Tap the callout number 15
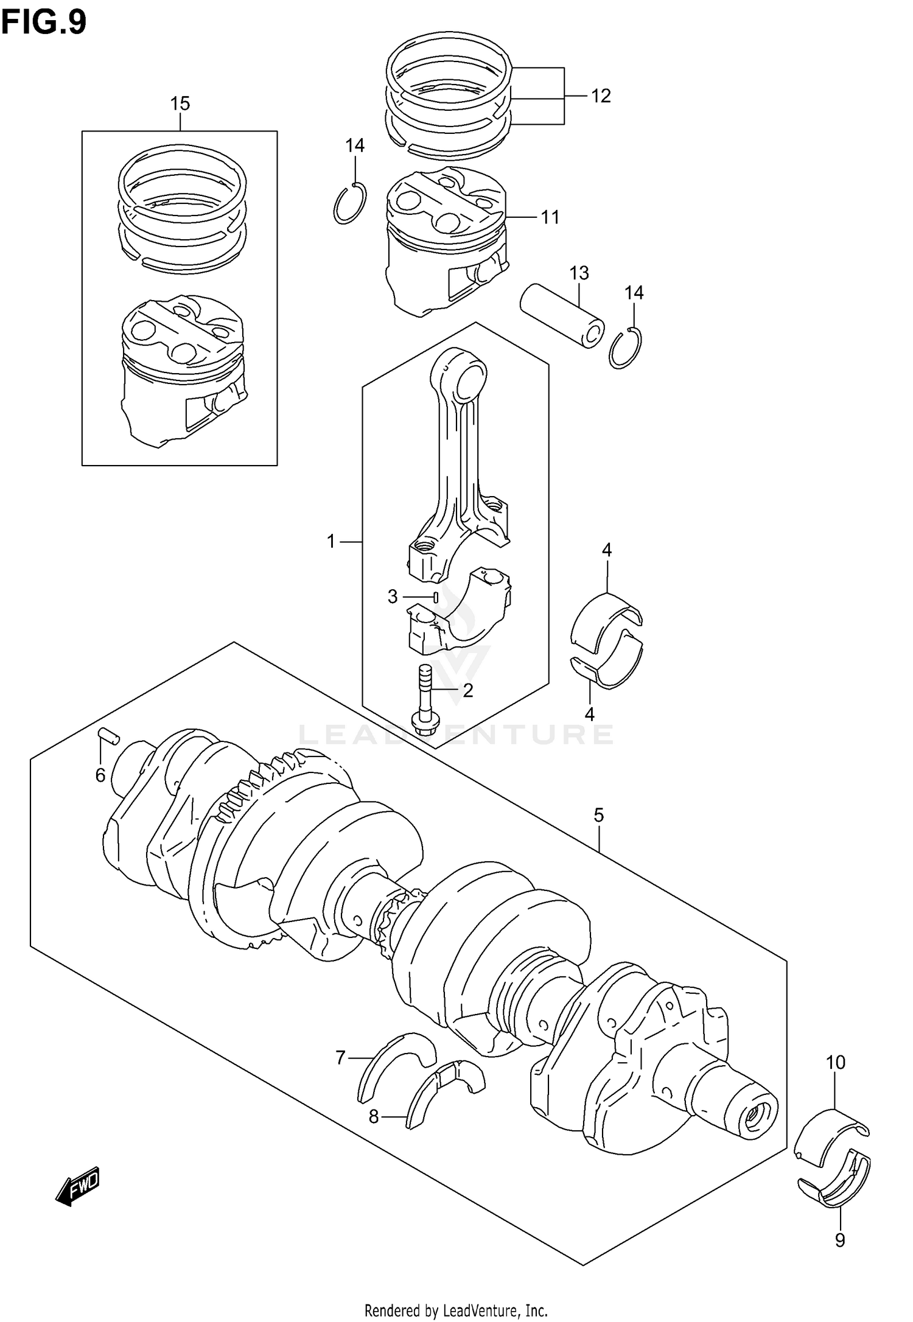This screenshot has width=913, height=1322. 180,103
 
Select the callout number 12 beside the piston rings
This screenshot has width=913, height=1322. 600,96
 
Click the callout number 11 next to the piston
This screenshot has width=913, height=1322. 550,217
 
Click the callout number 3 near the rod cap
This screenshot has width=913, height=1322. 393,597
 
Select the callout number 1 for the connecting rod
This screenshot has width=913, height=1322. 331,541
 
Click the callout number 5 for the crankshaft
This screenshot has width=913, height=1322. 598,815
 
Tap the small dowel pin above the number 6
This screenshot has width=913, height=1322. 109,736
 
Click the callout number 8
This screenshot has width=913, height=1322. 374,1116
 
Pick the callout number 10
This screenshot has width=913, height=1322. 836,1063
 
